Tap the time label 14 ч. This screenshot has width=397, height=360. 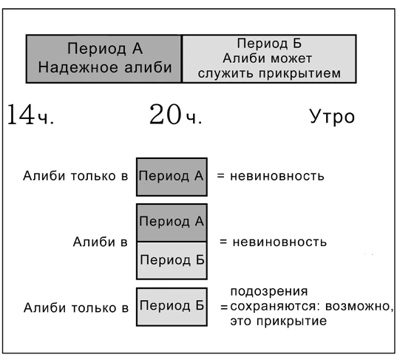(30, 115)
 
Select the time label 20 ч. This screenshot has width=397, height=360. (176, 115)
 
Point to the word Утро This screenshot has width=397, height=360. (332, 117)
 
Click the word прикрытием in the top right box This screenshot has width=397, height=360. (299, 73)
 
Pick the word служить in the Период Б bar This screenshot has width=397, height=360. (226, 73)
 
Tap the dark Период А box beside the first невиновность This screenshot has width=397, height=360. (172, 177)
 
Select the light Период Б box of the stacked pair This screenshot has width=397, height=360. (172, 261)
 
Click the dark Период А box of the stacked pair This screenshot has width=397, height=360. (172, 223)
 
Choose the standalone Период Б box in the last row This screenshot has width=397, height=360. (172, 307)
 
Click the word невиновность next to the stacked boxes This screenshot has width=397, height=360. (279, 242)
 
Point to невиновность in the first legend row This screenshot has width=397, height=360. (277, 176)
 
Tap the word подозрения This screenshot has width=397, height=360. (269, 292)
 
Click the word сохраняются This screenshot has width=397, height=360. (276, 306)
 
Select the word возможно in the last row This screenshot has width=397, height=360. (359, 306)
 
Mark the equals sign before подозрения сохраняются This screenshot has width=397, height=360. (224, 308)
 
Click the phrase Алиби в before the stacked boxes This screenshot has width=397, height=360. (101, 242)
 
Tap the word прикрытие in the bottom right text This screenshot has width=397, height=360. (291, 322)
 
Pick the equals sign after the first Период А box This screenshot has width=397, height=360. (221, 176)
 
